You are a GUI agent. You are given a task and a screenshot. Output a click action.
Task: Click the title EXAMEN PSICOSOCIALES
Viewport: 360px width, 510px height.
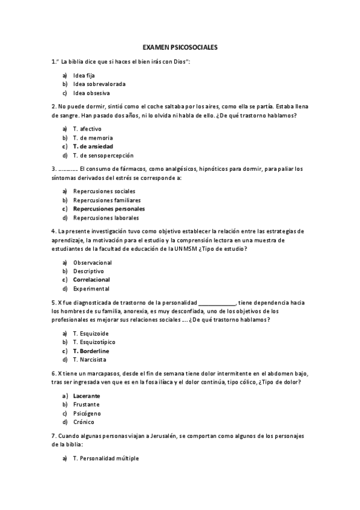coord(180,46)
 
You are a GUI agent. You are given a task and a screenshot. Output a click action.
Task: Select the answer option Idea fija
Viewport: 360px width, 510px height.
coord(84,76)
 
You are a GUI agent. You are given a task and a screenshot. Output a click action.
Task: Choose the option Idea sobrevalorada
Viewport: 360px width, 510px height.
coord(99,84)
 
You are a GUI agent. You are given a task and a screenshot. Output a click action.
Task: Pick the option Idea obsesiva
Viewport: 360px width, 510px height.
coord(91,93)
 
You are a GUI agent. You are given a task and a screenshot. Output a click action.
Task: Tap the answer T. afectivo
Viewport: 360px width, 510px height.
coord(87,129)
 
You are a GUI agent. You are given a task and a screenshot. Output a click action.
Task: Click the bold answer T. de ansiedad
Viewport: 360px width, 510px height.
coord(93,146)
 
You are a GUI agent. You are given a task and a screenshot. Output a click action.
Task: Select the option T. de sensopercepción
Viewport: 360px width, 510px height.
coord(103,155)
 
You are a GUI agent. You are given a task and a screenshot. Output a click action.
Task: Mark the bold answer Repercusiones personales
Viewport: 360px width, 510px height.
coord(109,209)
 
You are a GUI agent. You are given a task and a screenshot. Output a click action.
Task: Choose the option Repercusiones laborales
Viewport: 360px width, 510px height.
coord(106,218)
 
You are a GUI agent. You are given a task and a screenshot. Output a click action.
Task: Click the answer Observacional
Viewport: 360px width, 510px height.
coord(92,262)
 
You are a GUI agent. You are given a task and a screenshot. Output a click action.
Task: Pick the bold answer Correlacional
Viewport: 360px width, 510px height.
coord(91,280)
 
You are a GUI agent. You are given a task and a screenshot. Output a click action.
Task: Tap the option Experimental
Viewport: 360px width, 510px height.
coord(91,289)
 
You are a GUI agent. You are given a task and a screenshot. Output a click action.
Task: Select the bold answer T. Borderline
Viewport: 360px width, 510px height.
coord(91,351)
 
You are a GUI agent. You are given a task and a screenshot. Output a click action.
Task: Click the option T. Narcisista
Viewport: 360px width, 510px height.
coord(90,360)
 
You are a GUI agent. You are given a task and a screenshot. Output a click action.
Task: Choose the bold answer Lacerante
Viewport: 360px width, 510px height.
coord(87,396)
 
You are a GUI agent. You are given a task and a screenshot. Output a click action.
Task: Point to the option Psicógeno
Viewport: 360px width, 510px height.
coord(87,413)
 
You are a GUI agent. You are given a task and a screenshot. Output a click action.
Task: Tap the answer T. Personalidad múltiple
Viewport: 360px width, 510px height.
coord(106,458)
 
